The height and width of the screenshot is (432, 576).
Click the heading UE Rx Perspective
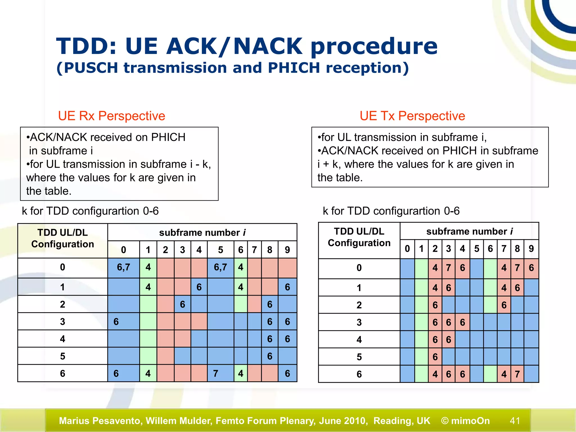[x=111, y=116]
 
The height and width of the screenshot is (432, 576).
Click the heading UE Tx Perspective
[x=412, y=116]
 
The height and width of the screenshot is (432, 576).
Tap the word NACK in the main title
[x=267, y=46]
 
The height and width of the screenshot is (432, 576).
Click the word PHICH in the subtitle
[x=294, y=68]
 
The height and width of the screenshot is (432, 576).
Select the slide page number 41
[x=515, y=420]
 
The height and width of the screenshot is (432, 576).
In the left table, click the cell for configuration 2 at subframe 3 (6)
[x=183, y=304]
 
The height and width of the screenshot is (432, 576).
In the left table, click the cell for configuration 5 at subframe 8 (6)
[x=270, y=356]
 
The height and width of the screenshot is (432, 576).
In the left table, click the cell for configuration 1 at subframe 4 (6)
[x=199, y=287]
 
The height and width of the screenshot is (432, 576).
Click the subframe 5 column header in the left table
[x=220, y=250]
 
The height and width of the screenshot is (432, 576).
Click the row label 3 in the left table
[x=62, y=321]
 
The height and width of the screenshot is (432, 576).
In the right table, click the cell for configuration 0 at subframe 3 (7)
[x=449, y=268]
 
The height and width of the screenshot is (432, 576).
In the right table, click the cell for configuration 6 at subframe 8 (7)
[x=517, y=374]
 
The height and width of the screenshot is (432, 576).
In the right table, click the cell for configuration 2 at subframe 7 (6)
[x=504, y=305]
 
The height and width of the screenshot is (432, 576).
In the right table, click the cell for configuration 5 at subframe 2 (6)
[x=435, y=357]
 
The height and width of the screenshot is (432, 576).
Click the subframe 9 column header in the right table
[x=531, y=249]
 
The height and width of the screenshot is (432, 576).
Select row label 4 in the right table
[x=359, y=340]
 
